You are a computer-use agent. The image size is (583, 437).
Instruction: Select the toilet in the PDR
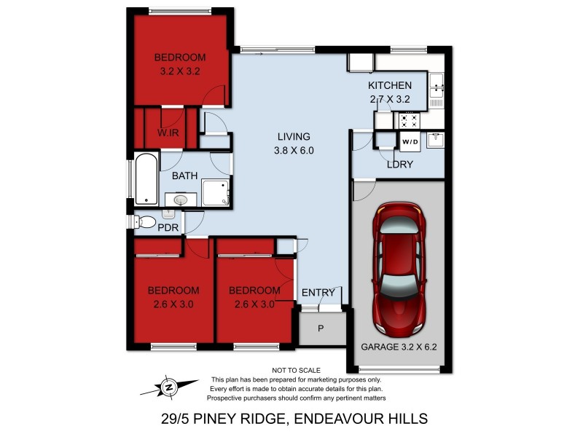146,223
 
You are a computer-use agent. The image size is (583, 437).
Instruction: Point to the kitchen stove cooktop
407,120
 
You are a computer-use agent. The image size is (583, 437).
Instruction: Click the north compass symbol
169,387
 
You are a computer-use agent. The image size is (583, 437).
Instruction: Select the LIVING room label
294,136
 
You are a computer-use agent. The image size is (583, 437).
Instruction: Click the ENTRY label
318,293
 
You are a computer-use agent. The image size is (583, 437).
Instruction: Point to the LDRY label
400,165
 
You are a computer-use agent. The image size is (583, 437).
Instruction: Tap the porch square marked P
321,328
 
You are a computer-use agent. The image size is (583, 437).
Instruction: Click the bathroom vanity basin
180,199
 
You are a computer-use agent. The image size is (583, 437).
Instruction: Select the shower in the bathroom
216,192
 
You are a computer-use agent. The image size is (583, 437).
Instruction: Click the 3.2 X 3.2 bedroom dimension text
179,71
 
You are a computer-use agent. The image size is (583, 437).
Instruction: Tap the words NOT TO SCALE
296,371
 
